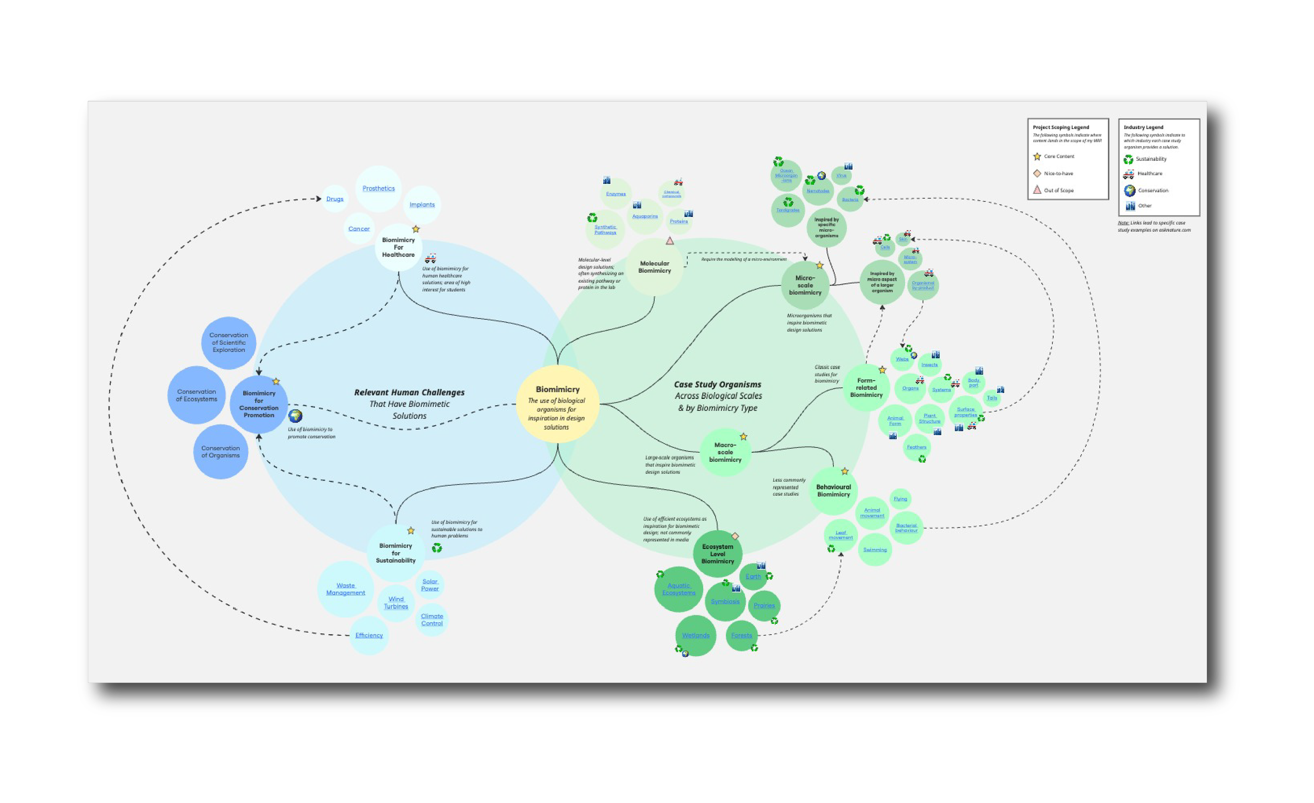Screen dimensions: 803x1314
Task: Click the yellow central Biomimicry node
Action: click(557, 404)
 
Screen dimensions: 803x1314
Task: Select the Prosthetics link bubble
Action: click(378, 188)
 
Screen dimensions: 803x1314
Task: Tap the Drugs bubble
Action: click(335, 199)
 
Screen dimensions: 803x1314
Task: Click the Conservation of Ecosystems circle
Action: click(197, 395)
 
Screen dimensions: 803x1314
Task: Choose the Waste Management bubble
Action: click(345, 589)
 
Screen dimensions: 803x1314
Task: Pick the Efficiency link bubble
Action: click(369, 635)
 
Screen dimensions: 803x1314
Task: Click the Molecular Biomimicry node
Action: click(654, 267)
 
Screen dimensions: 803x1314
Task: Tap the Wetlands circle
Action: click(695, 635)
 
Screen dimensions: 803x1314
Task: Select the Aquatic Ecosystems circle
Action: click(679, 589)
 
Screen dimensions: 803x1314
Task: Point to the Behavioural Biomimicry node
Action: click(834, 490)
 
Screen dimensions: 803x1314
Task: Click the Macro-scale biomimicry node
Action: click(725, 452)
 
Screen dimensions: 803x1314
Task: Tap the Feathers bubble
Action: click(916, 447)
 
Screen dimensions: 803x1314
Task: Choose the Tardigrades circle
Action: click(788, 210)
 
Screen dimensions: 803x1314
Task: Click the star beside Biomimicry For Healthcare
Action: click(416, 229)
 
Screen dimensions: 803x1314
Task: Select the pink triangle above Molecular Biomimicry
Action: click(670, 241)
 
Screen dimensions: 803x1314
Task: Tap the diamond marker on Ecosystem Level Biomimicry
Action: click(735, 536)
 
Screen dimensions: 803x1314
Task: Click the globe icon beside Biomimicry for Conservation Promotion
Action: click(295, 416)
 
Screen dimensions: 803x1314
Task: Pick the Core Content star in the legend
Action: click(1037, 157)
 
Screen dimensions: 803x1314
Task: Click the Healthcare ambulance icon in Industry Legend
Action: click(1129, 174)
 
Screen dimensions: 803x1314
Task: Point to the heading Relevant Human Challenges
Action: click(409, 393)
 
